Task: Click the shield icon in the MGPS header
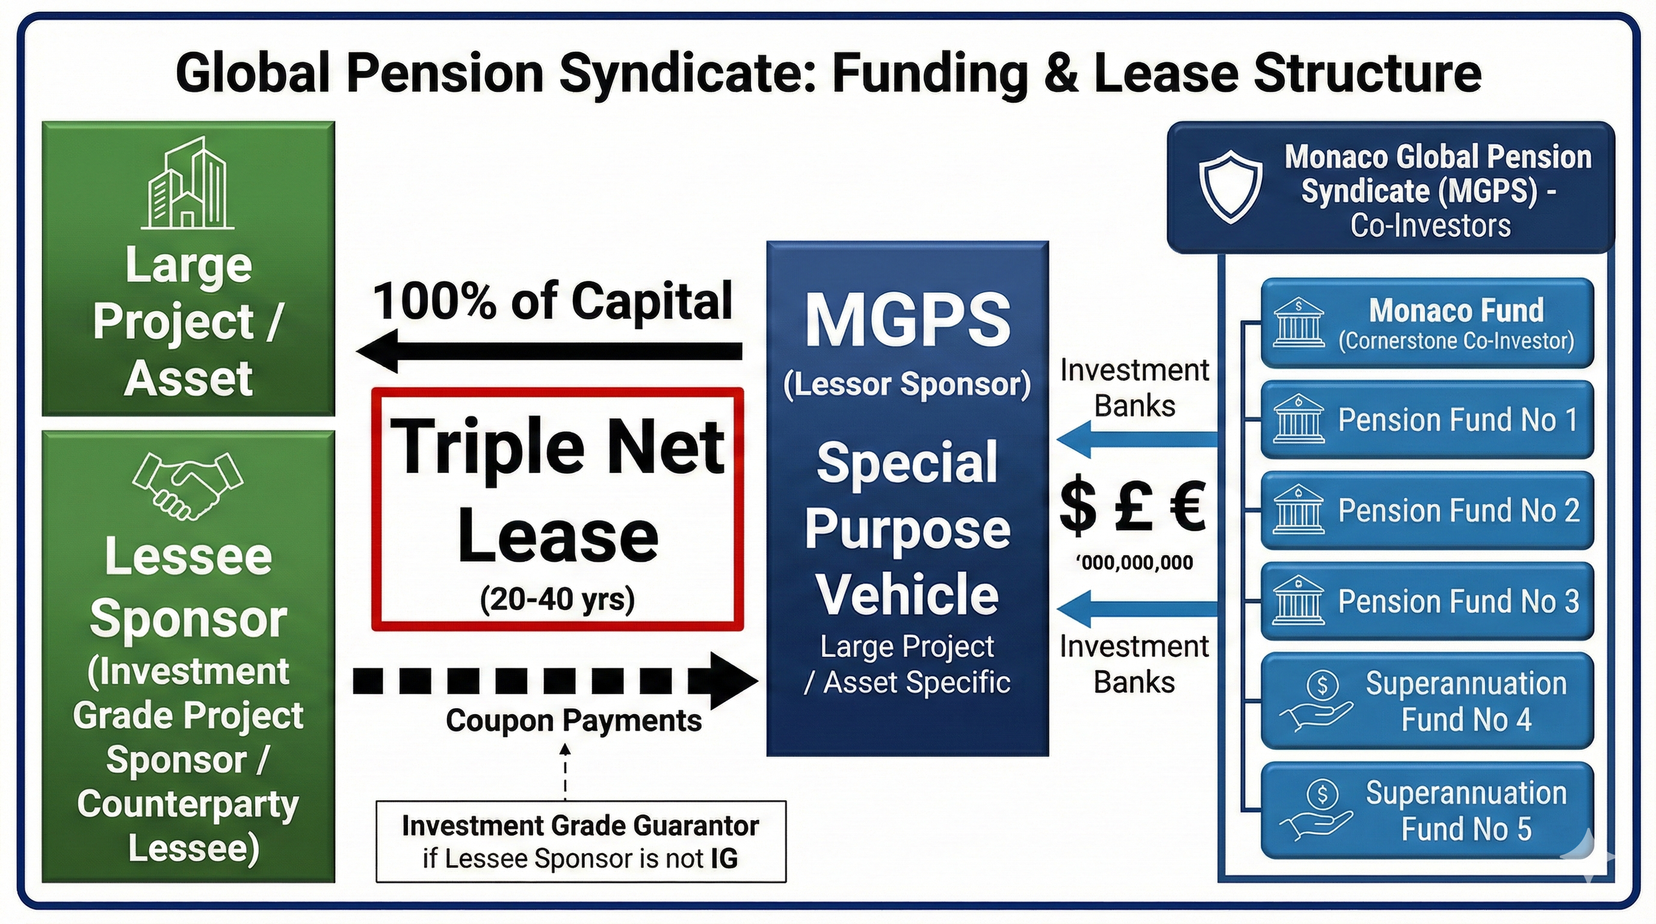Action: (x=1230, y=186)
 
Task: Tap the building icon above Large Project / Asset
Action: (x=187, y=183)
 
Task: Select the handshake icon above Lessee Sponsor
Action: (x=187, y=485)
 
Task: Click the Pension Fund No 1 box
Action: (x=1427, y=419)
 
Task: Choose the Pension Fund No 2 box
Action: (x=1427, y=510)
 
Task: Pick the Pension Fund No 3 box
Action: (x=1427, y=601)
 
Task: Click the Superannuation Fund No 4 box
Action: (x=1427, y=701)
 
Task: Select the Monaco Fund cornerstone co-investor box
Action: (x=1427, y=323)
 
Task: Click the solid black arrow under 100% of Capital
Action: (x=550, y=350)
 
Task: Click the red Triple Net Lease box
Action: (x=557, y=509)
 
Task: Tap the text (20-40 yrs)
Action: (x=557, y=599)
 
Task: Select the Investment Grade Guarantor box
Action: (x=580, y=841)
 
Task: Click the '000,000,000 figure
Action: (x=1134, y=563)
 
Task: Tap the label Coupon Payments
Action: (x=574, y=721)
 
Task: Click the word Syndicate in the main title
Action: (x=688, y=74)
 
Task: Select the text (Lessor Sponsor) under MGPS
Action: (x=907, y=385)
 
